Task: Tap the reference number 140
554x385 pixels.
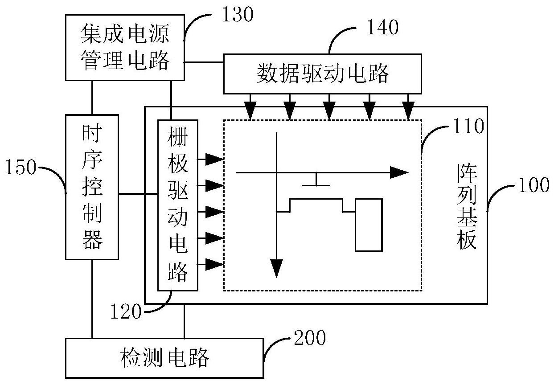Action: point(382,28)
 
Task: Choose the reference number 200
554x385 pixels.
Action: point(309,338)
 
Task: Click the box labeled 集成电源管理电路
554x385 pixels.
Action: point(124,47)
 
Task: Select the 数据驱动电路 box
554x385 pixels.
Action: point(322,74)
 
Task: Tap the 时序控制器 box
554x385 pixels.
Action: point(92,187)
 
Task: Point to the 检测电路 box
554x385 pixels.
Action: point(164,358)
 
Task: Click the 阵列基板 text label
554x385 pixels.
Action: point(468,206)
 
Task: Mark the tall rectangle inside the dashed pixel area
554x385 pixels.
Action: point(369,225)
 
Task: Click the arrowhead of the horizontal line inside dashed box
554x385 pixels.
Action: point(399,172)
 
